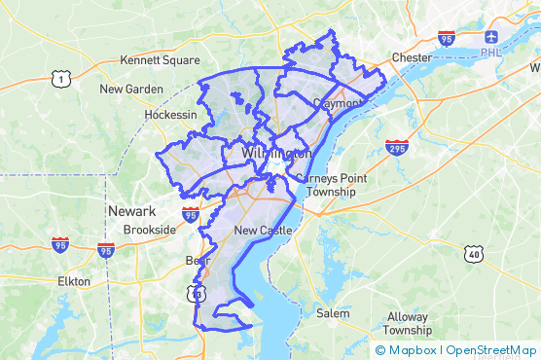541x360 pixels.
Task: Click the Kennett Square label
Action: [x=153, y=60]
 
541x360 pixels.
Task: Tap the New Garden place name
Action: [x=131, y=89]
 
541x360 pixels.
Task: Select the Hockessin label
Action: [x=170, y=114]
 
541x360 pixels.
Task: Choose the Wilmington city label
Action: [x=276, y=154]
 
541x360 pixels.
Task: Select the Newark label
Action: [x=131, y=211]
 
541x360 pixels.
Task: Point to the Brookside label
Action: [x=149, y=231]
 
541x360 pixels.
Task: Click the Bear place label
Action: [x=197, y=261]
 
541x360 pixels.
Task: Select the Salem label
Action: [x=334, y=313]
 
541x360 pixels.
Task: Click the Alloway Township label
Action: [x=407, y=323]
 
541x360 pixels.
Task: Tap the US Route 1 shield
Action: [x=60, y=78]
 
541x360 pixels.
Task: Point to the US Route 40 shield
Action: [x=474, y=254]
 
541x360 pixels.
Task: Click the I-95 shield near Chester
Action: [x=447, y=38]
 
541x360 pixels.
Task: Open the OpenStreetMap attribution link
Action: [x=491, y=350]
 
